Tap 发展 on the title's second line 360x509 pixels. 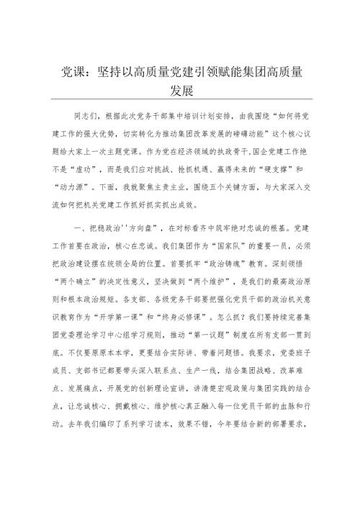pos(179,91)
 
